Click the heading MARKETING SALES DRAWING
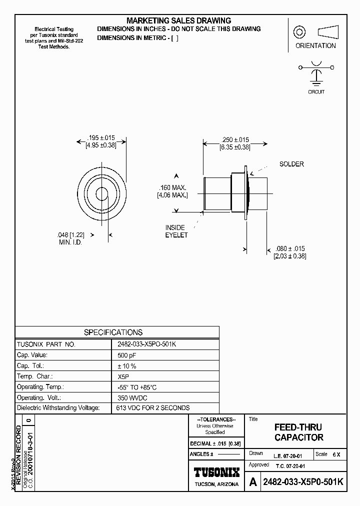coord(178,20)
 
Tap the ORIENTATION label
coord(315,45)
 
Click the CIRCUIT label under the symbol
coord(316,91)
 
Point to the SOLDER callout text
coord(291,164)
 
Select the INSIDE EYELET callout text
coord(175,231)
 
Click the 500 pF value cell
coord(126,355)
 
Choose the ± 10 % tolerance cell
coord(126,365)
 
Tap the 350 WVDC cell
coord(131,397)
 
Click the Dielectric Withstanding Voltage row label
coord(58,408)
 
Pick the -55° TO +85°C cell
coord(136,387)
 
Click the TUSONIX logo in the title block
coord(216,472)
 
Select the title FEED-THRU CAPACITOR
coord(298,432)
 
